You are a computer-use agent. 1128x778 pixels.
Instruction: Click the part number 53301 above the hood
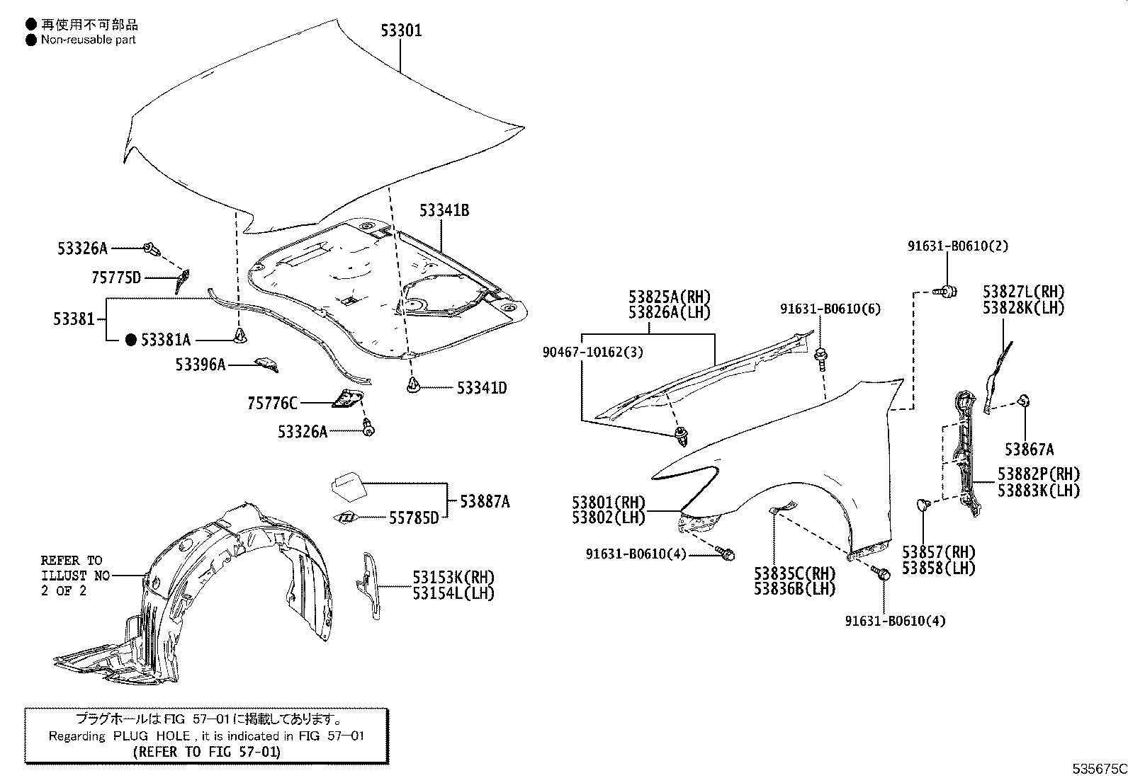tap(401, 30)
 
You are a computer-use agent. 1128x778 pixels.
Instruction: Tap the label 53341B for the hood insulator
tap(444, 210)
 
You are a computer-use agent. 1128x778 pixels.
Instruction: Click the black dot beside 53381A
tap(130, 341)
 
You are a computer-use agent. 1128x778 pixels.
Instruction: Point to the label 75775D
tap(116, 278)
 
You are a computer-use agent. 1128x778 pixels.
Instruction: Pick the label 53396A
tap(201, 365)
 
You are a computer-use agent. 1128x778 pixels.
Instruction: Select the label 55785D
tap(413, 517)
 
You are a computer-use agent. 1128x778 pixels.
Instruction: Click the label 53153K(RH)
tap(453, 578)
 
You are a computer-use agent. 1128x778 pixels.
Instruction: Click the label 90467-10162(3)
tap(593, 352)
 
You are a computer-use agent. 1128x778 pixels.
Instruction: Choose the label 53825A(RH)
tap(669, 297)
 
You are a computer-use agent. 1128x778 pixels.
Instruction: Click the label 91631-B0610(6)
tap(830, 309)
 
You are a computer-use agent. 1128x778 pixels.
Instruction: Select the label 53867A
tap(1029, 449)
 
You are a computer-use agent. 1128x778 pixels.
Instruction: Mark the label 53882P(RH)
tap(1039, 474)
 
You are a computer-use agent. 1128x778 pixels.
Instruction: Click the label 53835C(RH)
tap(794, 573)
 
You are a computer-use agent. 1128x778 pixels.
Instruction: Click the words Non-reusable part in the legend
tap(88, 40)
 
